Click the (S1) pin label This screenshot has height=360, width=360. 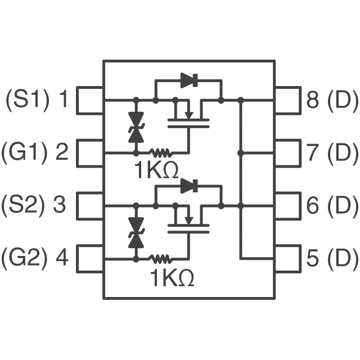click(28, 100)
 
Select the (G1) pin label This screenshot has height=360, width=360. click(25, 152)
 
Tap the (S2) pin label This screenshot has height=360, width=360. click(25, 205)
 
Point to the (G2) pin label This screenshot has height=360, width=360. click(25, 258)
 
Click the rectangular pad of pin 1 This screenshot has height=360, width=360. click(90, 100)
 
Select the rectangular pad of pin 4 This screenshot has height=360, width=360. click(90, 259)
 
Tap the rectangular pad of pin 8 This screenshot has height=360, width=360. click(288, 100)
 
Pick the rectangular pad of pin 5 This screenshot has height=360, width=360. click(288, 259)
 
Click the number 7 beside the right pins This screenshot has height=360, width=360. click(313, 152)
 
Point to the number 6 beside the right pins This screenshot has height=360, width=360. click(313, 205)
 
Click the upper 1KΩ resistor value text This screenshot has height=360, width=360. click(157, 170)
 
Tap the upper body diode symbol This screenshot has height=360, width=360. click(189, 80)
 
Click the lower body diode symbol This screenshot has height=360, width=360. click(189, 186)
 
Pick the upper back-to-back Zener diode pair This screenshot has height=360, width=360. click(136, 127)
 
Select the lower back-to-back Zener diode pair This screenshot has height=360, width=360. click(136, 232)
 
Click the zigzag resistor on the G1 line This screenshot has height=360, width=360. click(160, 152)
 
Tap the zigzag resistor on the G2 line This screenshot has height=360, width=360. click(160, 259)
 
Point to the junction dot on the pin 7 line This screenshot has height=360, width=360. click(240, 152)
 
